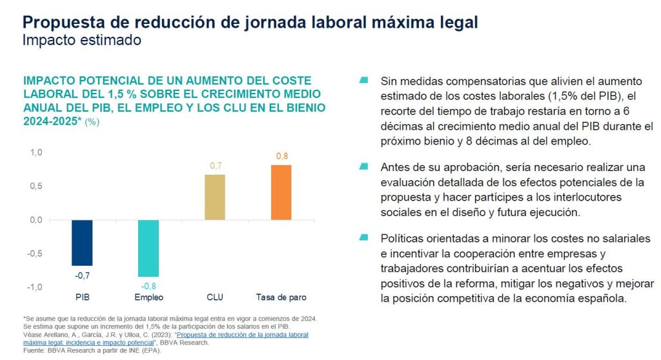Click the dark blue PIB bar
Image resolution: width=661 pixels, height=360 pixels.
pyautogui.click(x=81, y=243)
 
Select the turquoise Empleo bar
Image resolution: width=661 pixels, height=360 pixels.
pyautogui.click(x=148, y=248)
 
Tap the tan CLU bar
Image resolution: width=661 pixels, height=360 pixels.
pyautogui.click(x=216, y=197)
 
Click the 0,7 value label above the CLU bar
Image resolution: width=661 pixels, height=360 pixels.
pyautogui.click(x=216, y=166)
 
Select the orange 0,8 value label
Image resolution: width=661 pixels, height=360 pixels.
pyautogui.click(x=282, y=156)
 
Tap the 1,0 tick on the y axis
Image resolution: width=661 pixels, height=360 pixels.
pyautogui.click(x=36, y=153)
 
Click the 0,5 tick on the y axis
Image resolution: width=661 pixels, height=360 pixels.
pyautogui.click(x=36, y=186)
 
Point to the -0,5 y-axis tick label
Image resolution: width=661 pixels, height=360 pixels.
pyautogui.click(x=34, y=254)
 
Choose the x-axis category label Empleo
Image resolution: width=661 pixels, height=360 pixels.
pyautogui.click(x=148, y=297)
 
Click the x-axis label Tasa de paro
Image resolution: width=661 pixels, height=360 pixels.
pyautogui.click(x=282, y=297)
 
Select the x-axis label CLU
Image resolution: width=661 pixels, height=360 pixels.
pyautogui.click(x=215, y=297)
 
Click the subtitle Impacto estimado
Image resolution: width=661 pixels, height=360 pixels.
pyautogui.click(x=81, y=40)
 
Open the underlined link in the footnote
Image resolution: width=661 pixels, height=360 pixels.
pyautogui.click(x=242, y=335)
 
